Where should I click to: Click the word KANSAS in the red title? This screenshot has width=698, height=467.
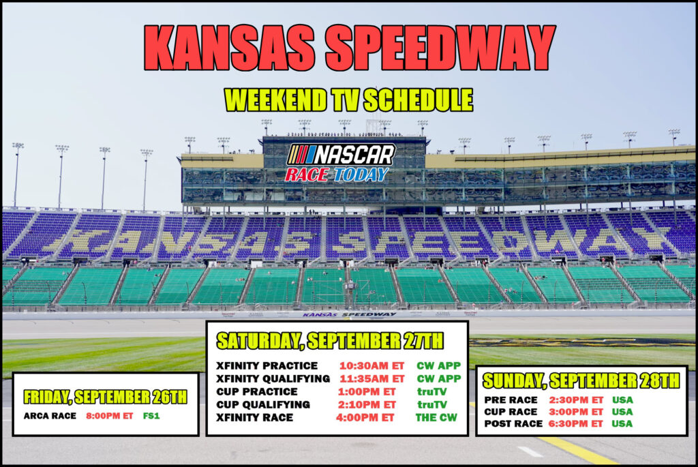click(x=230, y=48)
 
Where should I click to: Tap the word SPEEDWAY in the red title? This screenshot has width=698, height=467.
click(x=440, y=48)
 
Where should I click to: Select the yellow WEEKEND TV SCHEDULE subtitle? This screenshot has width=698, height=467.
click(x=348, y=100)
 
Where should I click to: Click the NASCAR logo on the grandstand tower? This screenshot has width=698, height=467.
click(x=341, y=155)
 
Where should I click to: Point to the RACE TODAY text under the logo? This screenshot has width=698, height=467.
click(x=337, y=175)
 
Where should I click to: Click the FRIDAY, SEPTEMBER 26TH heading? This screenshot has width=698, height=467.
click(x=106, y=397)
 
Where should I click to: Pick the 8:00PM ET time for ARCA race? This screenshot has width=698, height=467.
click(x=110, y=416)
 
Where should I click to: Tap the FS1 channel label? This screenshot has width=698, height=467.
click(x=151, y=416)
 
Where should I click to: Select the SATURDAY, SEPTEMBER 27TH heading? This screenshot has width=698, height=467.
click(x=330, y=341)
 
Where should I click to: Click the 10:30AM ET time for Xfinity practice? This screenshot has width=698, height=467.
click(x=371, y=366)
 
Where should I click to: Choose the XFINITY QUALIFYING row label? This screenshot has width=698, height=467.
click(x=273, y=379)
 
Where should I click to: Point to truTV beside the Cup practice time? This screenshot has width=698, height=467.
click(x=431, y=392)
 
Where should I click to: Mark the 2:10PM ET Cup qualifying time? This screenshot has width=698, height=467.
click(x=367, y=405)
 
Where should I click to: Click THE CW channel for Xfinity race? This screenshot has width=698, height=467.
click(x=436, y=418)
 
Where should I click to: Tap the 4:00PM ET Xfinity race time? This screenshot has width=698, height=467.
click(x=365, y=418)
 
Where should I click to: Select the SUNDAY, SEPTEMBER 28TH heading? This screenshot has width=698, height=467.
click(x=581, y=381)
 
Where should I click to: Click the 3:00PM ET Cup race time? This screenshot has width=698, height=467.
click(x=575, y=412)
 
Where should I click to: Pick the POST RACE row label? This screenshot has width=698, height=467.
click(x=513, y=424)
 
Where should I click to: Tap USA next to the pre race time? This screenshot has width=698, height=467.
click(x=622, y=400)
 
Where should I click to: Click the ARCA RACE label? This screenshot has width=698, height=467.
click(x=50, y=416)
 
